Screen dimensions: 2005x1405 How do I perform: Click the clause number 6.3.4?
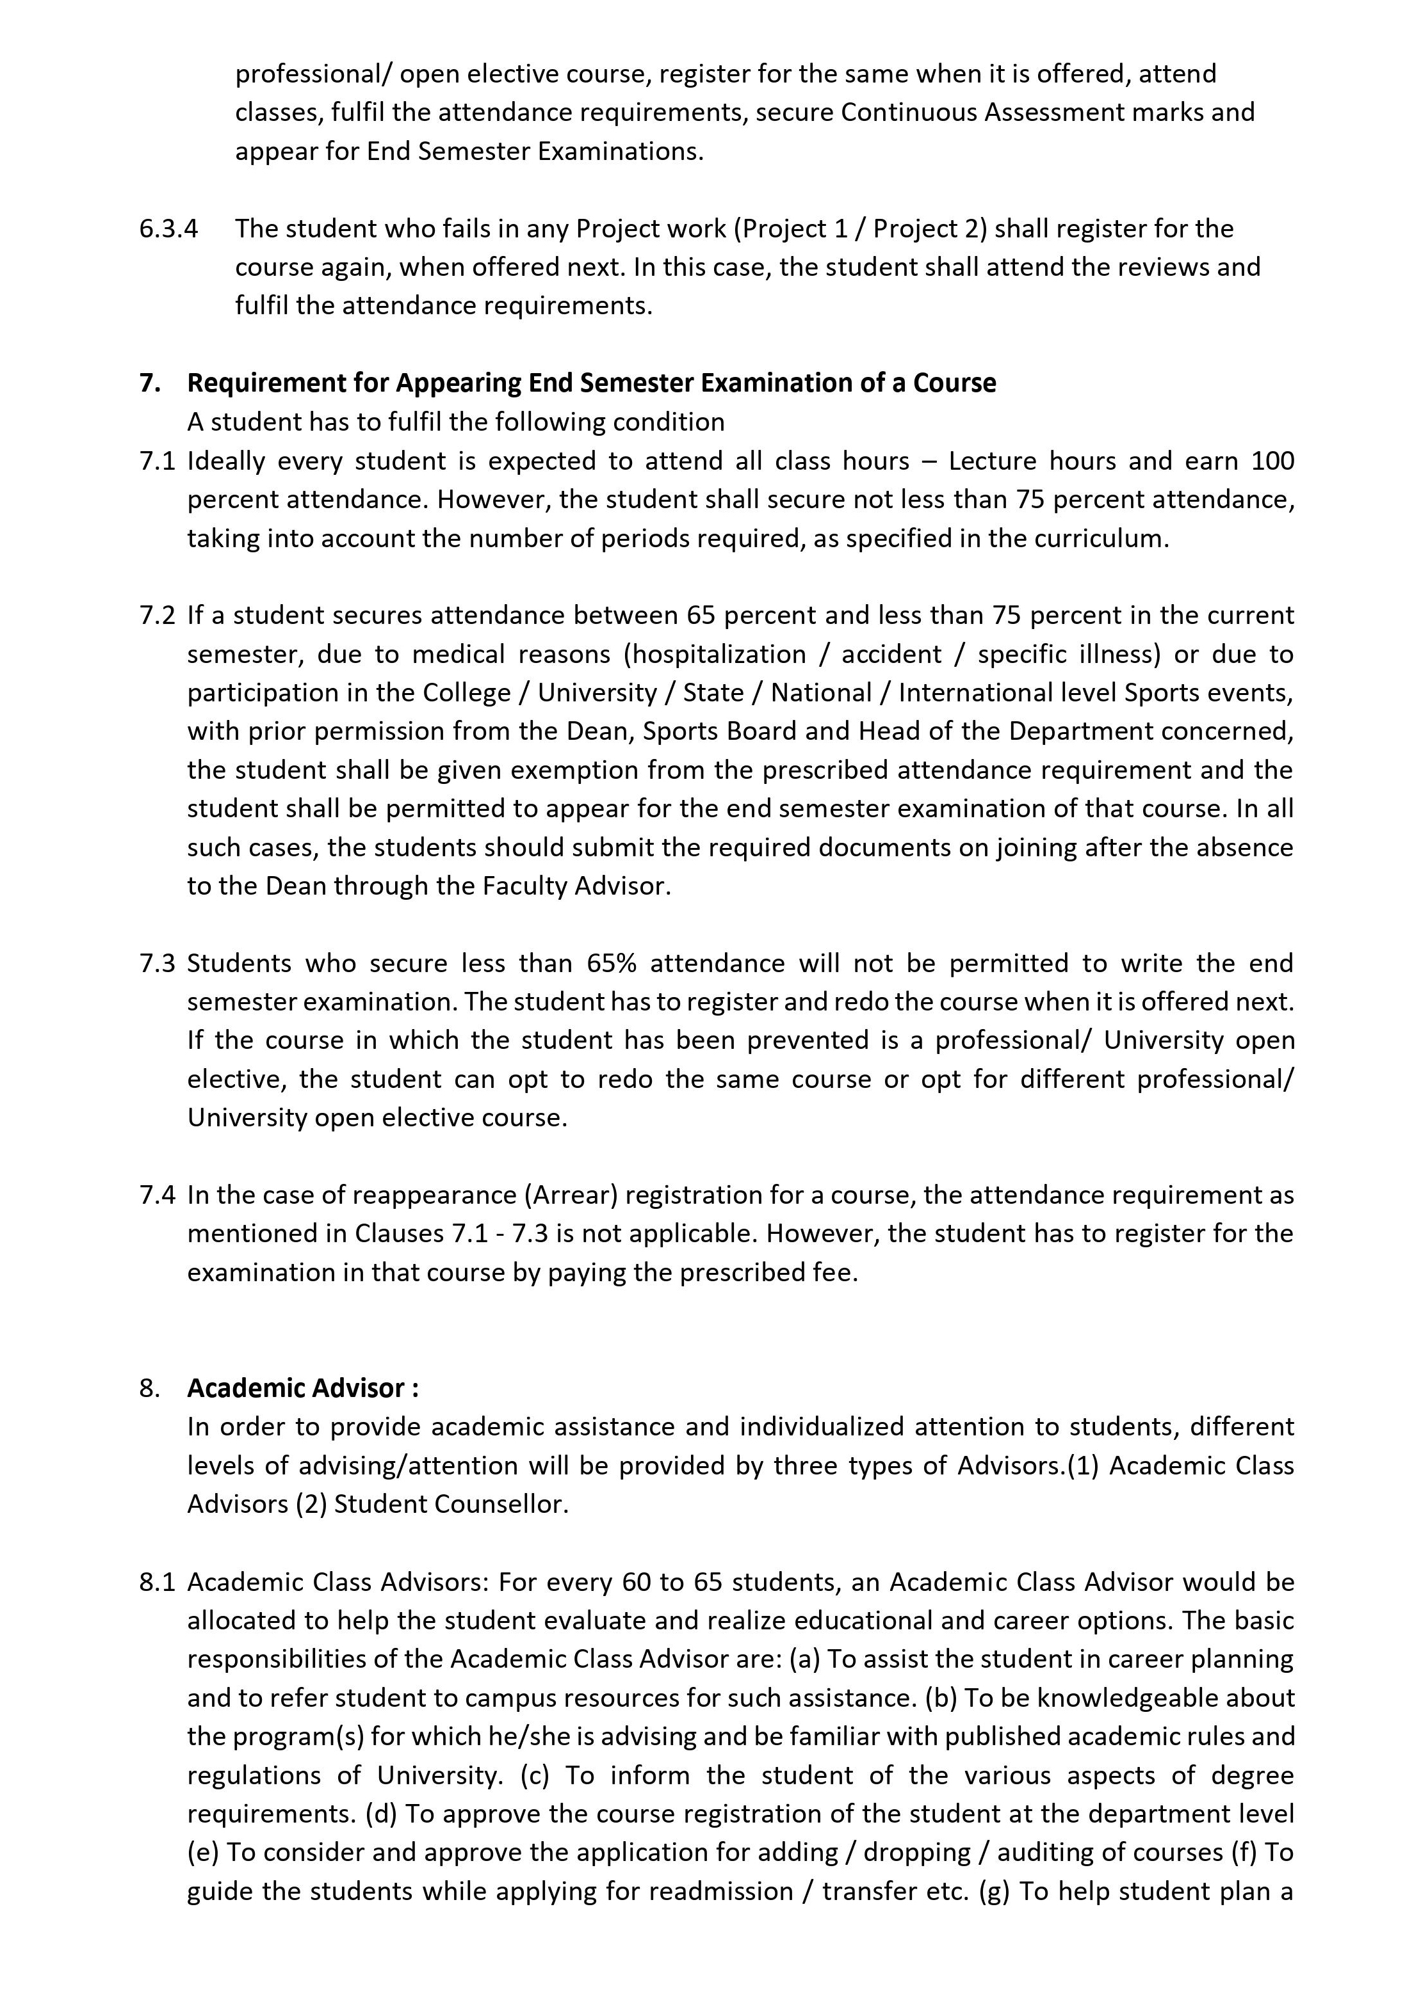pyautogui.click(x=168, y=229)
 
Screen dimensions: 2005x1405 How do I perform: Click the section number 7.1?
pyautogui.click(x=158, y=461)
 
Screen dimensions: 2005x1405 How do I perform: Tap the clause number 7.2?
pyautogui.click(x=158, y=616)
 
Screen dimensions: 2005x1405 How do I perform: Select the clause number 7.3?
pyautogui.click(x=158, y=963)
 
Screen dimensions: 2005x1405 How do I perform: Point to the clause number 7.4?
pyautogui.click(x=158, y=1195)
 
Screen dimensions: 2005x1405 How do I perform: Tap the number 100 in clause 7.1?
pyautogui.click(x=1272, y=461)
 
